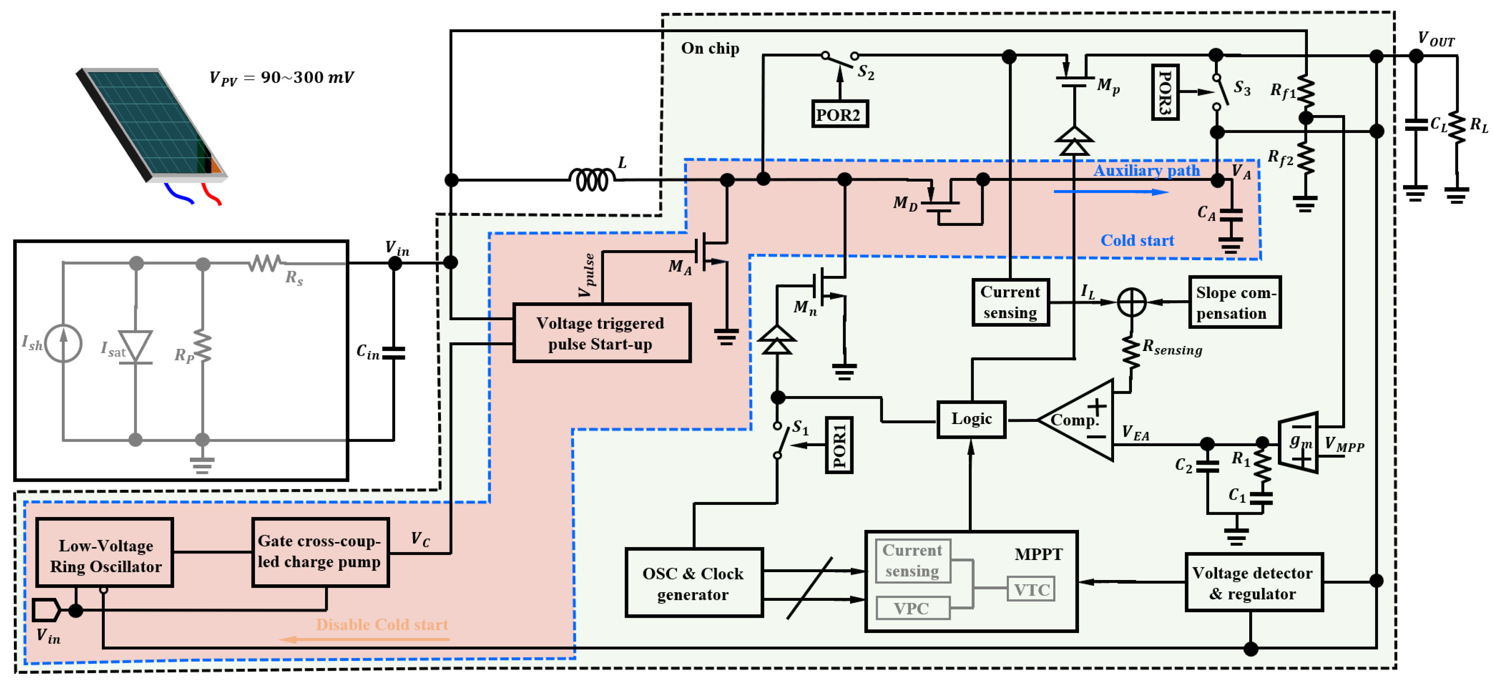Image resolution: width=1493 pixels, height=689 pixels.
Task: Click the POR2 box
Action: coord(839,114)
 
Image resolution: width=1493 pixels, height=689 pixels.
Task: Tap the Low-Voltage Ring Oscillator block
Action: coord(105,555)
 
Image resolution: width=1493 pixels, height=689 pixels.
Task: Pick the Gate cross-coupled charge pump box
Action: coord(320,552)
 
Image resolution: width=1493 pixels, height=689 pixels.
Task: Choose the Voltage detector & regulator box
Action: coord(1254,583)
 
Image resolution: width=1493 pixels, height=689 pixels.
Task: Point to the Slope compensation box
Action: coord(1234,302)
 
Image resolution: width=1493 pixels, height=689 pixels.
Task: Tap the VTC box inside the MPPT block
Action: coord(1031,590)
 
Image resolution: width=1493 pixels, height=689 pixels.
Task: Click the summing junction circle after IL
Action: coord(1131,302)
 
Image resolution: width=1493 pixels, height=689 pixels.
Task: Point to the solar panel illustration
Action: coord(151,125)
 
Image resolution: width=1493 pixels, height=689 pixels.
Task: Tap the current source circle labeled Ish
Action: coord(63,344)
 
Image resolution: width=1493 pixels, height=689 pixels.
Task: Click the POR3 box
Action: coord(1165,92)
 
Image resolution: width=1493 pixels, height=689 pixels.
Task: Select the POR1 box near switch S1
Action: coord(839,445)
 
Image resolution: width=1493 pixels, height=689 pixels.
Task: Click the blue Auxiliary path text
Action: coord(1146,170)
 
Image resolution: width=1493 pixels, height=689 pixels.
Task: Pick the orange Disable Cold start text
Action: coord(382,624)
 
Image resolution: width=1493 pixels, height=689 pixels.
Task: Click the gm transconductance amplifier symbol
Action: coord(1298,442)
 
